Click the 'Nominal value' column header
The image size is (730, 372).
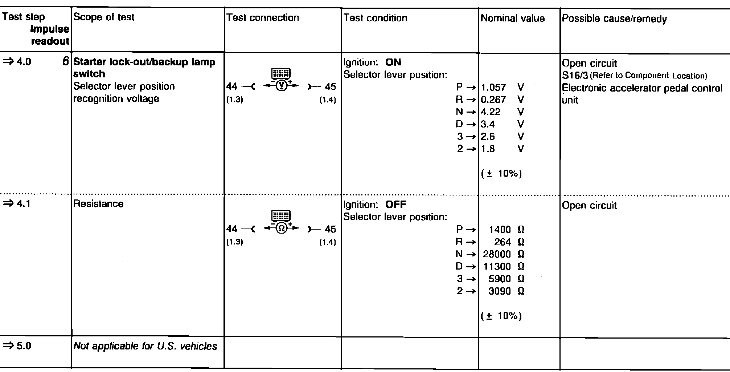pyautogui.click(x=512, y=19)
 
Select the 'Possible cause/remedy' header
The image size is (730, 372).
pyautogui.click(x=614, y=19)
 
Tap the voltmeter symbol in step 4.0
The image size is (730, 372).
pyautogui.click(x=281, y=86)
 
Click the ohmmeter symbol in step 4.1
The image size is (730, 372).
pyautogui.click(x=281, y=228)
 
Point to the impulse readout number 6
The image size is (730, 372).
pyautogui.click(x=65, y=62)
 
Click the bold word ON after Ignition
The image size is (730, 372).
pyautogui.click(x=393, y=62)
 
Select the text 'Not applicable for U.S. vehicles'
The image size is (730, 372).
pyautogui.click(x=145, y=346)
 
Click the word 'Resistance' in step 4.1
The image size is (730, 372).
pyautogui.click(x=98, y=204)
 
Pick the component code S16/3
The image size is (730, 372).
pyautogui.click(x=575, y=76)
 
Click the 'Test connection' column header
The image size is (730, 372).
pyautogui.click(x=262, y=18)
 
